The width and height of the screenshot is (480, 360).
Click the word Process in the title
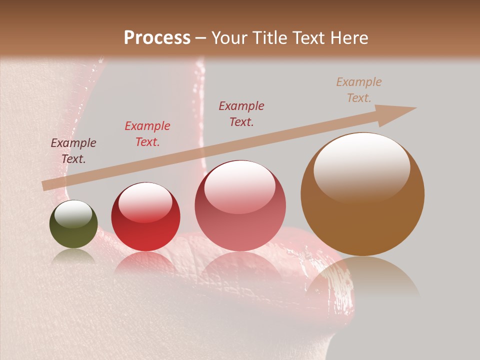157,38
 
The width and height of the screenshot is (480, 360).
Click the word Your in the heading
230,38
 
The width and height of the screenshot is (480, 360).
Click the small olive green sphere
73,224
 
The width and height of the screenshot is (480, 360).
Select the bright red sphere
145,217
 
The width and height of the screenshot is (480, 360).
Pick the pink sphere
240,206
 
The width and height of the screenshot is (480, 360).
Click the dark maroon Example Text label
73,151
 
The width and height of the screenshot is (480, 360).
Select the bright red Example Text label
147,134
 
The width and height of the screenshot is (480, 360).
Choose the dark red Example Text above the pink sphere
241,114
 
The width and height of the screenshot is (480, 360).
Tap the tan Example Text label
359,90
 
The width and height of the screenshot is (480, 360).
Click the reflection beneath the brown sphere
362,280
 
